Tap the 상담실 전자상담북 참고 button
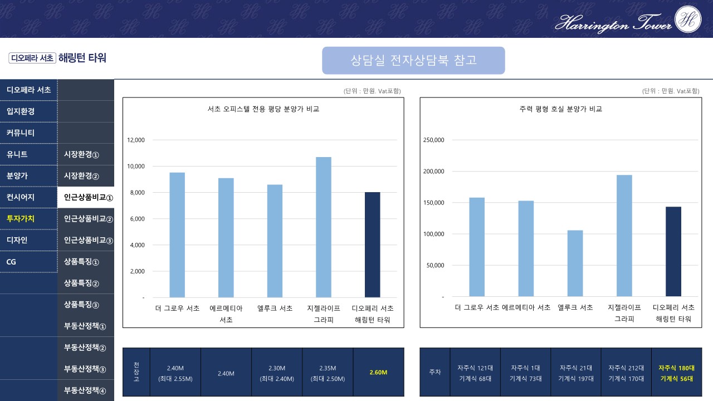coord(413,60)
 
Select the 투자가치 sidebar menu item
coord(21,219)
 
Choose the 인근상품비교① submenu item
coord(88,197)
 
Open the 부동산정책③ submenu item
coord(88,369)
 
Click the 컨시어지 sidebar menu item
coord(21,197)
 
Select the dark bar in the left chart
coord(372,245)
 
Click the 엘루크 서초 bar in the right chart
coord(575,263)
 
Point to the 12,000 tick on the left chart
coord(136,140)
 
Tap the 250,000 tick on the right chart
coord(433,140)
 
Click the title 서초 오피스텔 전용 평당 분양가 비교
coord(263,109)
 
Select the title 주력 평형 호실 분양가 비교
coord(560,109)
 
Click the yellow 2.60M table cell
coord(378,373)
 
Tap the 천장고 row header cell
coord(136,372)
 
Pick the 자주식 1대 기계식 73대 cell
coord(525,373)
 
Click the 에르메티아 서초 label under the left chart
coord(226,314)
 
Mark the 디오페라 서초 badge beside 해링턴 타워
coord(32,58)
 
